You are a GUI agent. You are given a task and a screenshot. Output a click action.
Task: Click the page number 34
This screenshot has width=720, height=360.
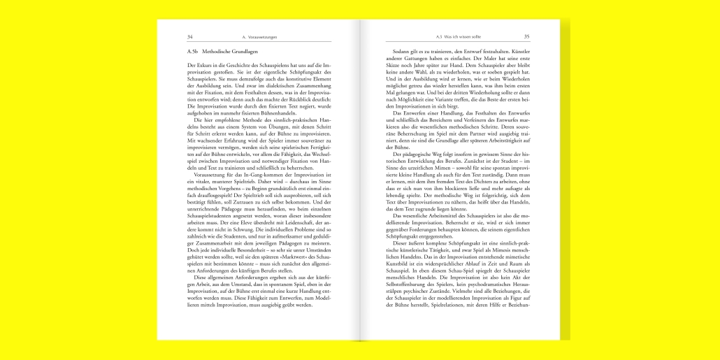point(190,36)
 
